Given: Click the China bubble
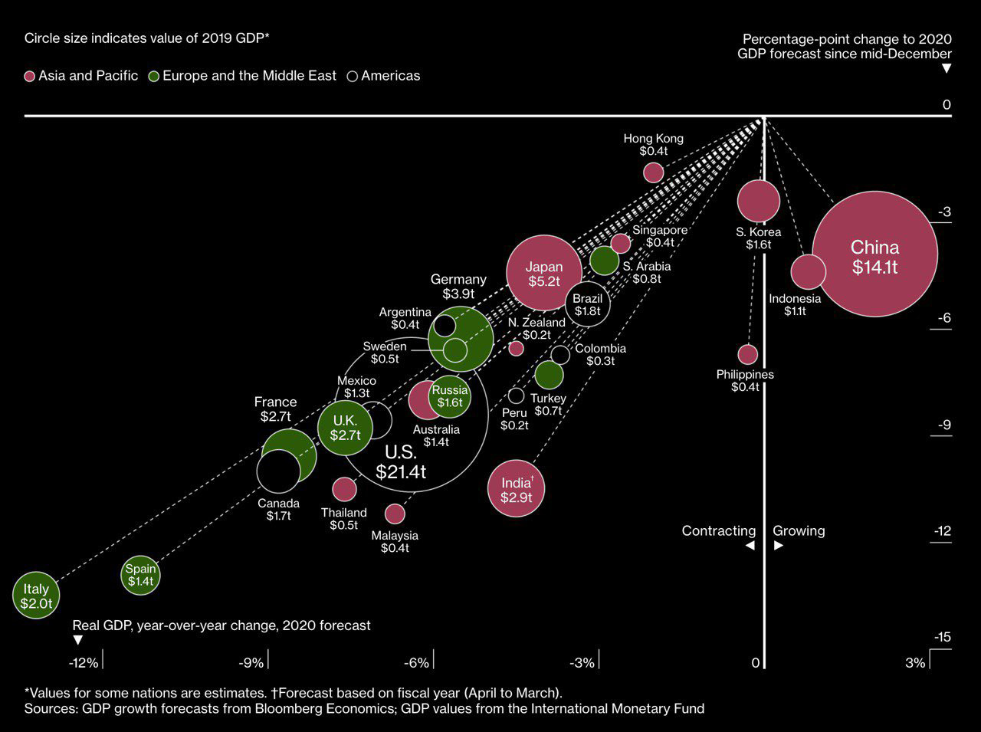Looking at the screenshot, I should pos(874,254).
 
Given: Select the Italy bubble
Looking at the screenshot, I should pos(35,596).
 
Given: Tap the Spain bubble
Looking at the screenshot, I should pos(141,575).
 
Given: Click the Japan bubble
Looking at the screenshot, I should pos(543,273).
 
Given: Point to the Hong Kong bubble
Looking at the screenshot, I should pos(653,172).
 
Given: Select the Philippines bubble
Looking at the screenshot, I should pos(747,354).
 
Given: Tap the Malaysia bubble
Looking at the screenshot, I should pos(395,514).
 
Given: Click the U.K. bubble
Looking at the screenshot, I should pos(345,428).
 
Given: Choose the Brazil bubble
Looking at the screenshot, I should pos(588,304).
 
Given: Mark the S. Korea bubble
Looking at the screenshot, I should pos(758,201).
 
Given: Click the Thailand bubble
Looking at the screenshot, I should pos(345,488).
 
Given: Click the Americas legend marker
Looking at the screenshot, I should pos(353,76).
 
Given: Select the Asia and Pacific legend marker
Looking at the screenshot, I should pos(30,76).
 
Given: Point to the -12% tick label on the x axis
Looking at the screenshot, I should pos(84,662).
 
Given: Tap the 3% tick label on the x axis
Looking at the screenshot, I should pos(915,662).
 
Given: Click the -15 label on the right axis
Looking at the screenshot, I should pos(942,637).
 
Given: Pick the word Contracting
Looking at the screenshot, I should pos(718,530).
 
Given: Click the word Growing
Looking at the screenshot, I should pos(799,530).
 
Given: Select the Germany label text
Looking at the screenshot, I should pos(458,279).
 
